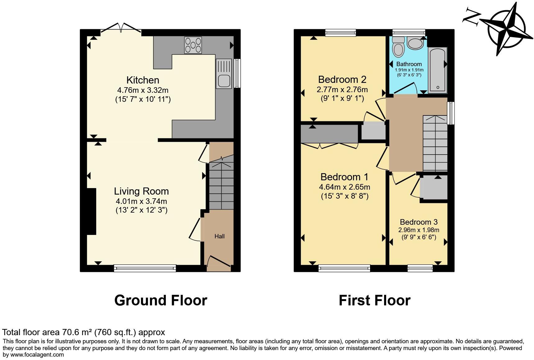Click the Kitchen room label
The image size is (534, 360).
point(143,80)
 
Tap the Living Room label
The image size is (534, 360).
point(141,191)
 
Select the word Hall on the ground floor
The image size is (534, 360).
point(219,236)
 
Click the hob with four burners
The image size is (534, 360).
point(193,45)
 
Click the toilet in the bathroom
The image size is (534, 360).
point(398,47)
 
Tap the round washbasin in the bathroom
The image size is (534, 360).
point(415,43)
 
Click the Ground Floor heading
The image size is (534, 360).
point(161,300)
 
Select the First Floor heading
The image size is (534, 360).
point(374,300)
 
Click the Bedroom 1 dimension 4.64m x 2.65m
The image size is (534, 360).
point(345,187)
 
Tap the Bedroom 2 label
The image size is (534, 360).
point(342,79)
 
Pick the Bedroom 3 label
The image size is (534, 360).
point(419,222)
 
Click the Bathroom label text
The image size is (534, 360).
point(409,64)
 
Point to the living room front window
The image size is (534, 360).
point(145,268)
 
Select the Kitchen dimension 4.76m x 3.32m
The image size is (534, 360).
point(143,90)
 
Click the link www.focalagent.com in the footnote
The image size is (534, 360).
point(37,355)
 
